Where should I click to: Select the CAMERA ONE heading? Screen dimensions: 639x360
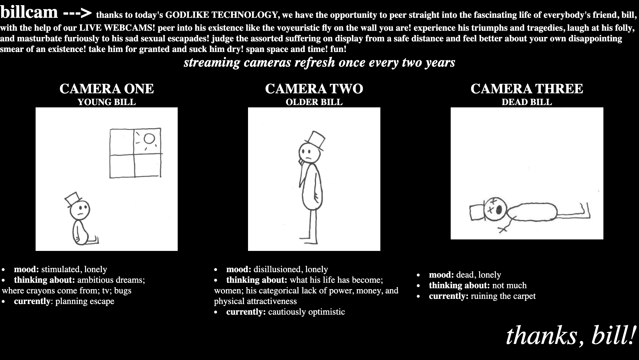[106, 89]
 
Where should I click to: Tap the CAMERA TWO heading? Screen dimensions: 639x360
[314, 89]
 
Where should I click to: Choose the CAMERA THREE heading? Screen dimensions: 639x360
[527, 89]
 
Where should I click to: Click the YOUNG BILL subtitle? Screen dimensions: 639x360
[106, 102]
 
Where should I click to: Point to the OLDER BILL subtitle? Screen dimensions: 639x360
[314, 102]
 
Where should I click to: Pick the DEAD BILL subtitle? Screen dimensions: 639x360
[527, 102]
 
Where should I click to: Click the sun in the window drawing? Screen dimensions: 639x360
[149, 139]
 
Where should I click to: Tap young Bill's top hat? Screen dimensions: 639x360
[73, 199]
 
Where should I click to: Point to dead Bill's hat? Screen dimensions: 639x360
[477, 213]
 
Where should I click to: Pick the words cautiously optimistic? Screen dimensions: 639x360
[306, 312]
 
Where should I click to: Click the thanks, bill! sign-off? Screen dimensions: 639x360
[570, 336]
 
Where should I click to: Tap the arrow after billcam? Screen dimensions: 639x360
[77, 13]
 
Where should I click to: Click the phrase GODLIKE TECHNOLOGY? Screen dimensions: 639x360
[223, 15]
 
